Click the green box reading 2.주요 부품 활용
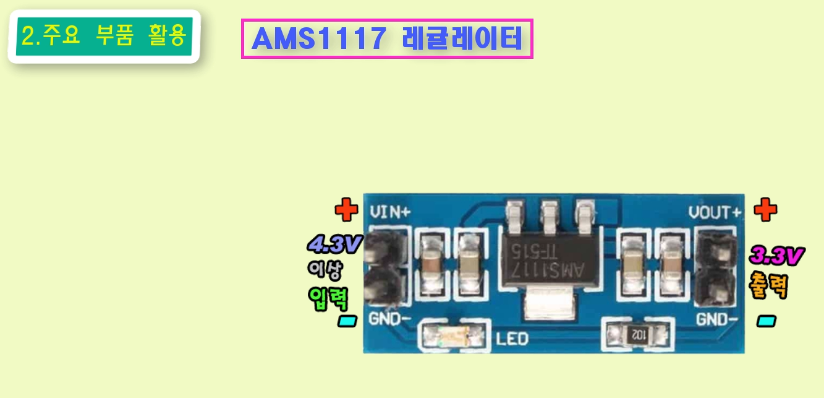(x=103, y=37)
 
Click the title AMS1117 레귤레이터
(x=387, y=39)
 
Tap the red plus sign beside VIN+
(x=346, y=210)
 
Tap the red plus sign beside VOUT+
(x=765, y=210)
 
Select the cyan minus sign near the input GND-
(x=347, y=321)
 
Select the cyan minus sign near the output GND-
(x=767, y=321)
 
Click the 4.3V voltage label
(x=334, y=244)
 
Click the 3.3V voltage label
(x=776, y=255)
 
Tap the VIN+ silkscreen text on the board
(x=390, y=212)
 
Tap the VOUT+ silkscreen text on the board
(x=715, y=212)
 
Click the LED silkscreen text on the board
(x=512, y=339)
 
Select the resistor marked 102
(x=637, y=335)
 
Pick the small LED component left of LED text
(x=453, y=336)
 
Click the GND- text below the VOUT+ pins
(x=717, y=319)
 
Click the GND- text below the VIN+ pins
(x=390, y=319)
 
